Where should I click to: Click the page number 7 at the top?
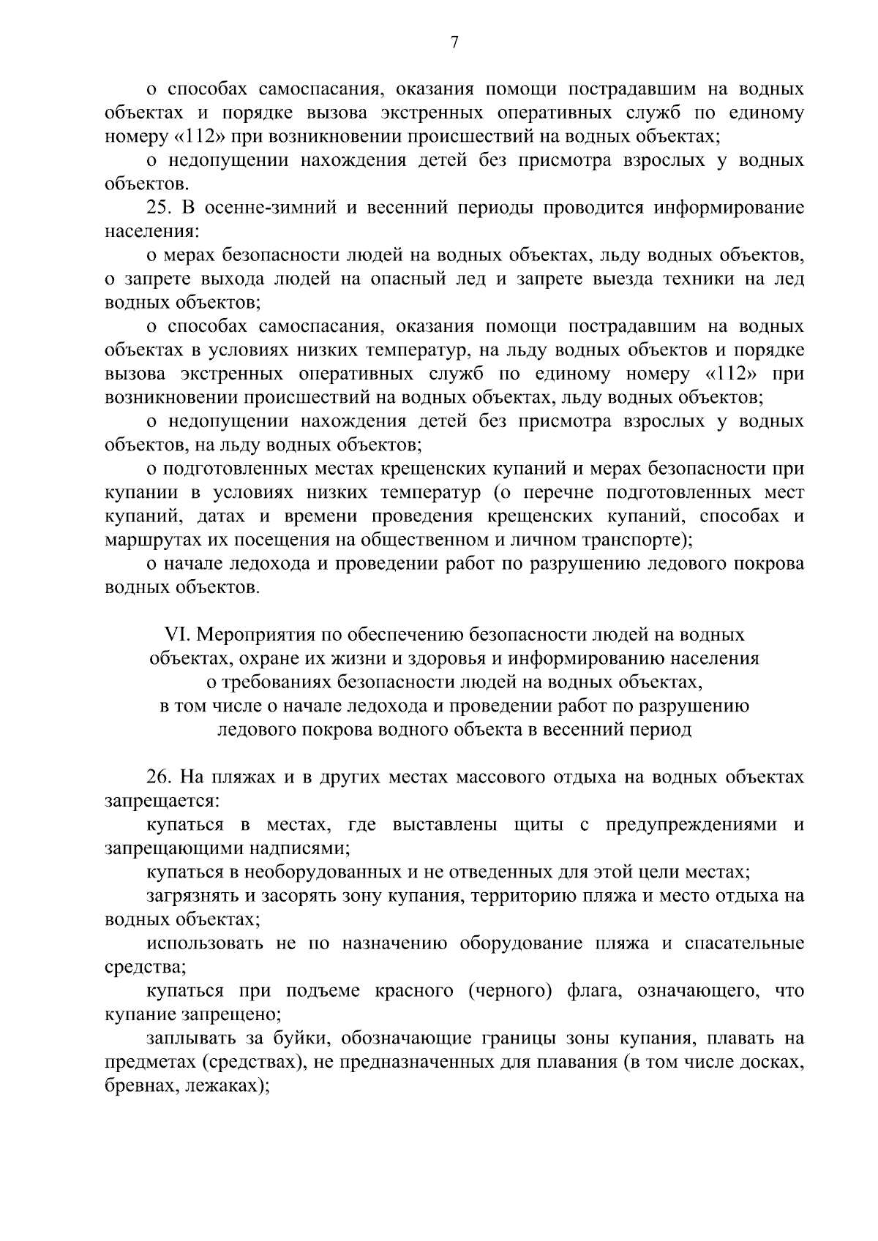click(x=454, y=43)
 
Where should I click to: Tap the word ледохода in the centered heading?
click(x=396, y=706)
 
